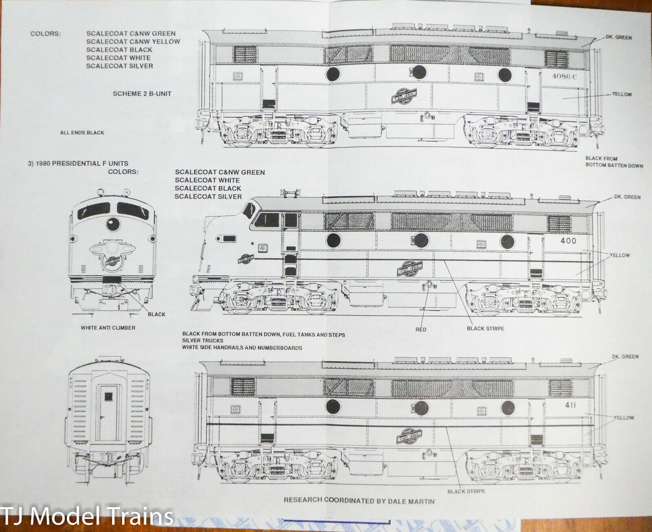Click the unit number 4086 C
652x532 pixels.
(564, 76)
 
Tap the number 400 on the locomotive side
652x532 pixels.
(568, 241)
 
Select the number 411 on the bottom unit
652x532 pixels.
(570, 405)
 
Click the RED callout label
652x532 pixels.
(421, 329)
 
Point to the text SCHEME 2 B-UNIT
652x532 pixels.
(142, 94)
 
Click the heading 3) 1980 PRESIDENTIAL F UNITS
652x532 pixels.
(78, 163)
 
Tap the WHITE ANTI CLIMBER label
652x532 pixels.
(108, 328)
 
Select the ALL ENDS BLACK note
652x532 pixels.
(82, 133)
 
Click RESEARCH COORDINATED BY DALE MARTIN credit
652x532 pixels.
(359, 500)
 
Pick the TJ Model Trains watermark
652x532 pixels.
(87, 516)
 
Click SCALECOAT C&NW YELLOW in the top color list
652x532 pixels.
(133, 42)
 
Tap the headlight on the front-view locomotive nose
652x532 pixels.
(113, 224)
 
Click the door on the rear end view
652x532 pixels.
(108, 412)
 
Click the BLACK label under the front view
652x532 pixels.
(157, 314)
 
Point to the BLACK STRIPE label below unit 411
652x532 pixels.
(466, 491)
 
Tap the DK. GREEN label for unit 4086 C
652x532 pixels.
(619, 37)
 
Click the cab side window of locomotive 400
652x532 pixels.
(267, 220)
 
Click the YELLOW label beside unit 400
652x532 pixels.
(620, 255)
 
